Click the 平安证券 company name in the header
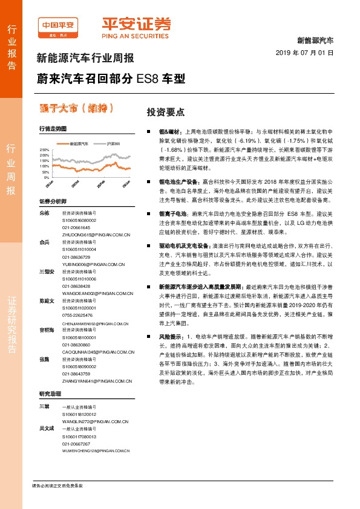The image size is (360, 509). pos(136,25)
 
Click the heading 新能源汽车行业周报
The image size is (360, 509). pos(85,59)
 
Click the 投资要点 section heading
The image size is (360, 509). pos(165,112)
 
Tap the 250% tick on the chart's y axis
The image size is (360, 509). pos(44,149)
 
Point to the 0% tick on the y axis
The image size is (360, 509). pos(46,178)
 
